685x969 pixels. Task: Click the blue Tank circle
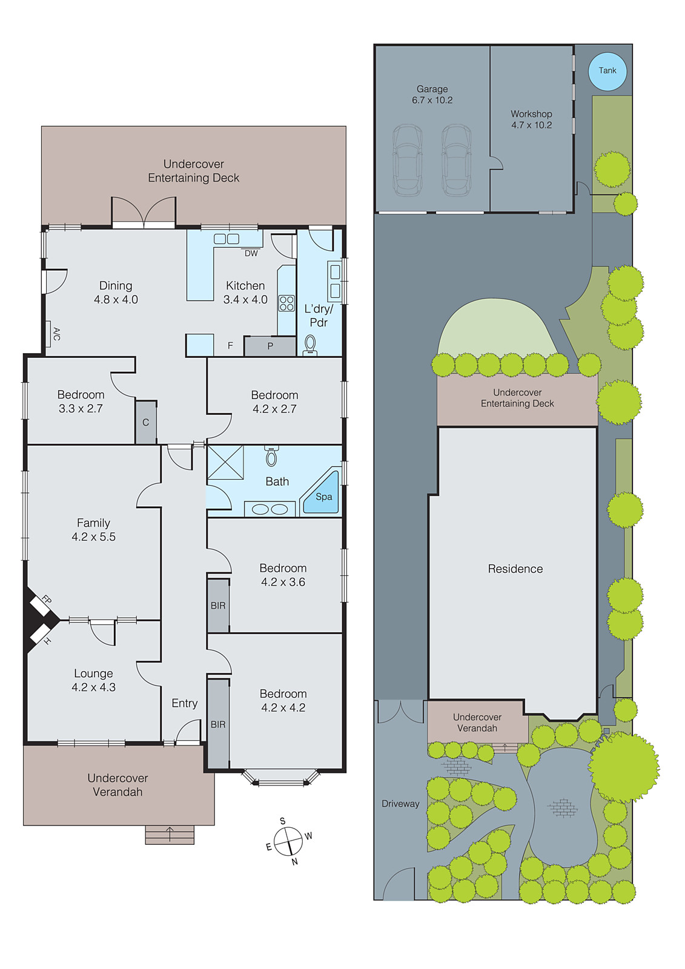(x=607, y=71)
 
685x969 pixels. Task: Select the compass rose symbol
(x=288, y=841)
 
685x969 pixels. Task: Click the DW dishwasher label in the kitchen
(x=251, y=253)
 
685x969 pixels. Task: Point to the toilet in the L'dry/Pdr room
(x=310, y=345)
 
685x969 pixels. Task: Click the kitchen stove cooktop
(x=286, y=303)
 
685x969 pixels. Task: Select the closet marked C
(x=145, y=422)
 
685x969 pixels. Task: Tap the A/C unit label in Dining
(x=56, y=334)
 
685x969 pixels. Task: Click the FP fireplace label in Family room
(x=46, y=600)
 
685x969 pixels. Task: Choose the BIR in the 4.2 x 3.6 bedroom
(x=218, y=606)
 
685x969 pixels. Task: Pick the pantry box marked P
(x=270, y=346)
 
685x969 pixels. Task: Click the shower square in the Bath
(x=225, y=463)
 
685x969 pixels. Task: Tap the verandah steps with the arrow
(x=170, y=835)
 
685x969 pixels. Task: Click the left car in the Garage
(x=407, y=160)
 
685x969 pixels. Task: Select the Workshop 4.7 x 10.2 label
(x=531, y=119)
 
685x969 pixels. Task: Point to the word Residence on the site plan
(x=515, y=569)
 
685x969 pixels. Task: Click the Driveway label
(x=400, y=804)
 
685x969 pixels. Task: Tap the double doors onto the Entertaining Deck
(x=144, y=213)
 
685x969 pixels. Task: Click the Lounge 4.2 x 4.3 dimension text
(x=93, y=687)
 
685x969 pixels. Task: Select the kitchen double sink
(x=227, y=239)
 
